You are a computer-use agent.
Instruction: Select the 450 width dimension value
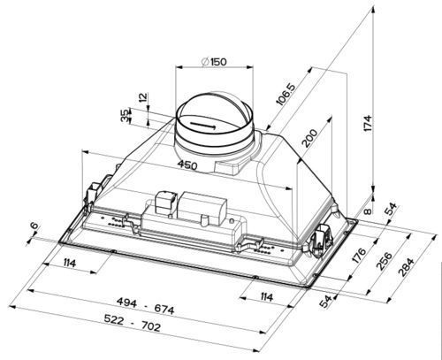click(186, 165)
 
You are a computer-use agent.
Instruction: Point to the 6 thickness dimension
click(34, 228)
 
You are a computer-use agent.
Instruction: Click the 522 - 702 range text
click(144, 327)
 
